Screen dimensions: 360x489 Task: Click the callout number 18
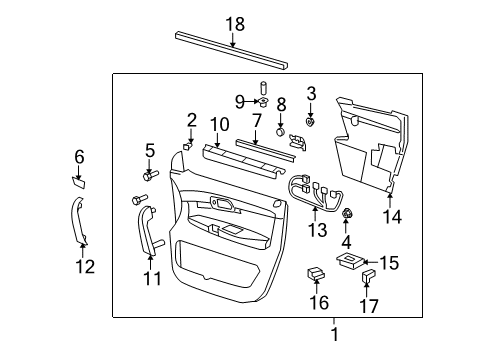233,23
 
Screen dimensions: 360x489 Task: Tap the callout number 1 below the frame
335,335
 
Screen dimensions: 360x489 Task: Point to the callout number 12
85,266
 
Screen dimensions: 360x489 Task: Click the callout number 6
80,156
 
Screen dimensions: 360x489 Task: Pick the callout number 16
318,302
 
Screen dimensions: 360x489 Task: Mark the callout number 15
389,263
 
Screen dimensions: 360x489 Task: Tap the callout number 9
240,101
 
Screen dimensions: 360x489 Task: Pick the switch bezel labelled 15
350,261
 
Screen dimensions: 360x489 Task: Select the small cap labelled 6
78,181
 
